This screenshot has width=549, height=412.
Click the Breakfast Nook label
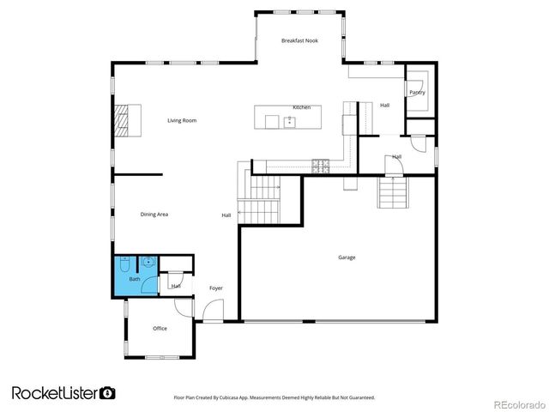pos(300,40)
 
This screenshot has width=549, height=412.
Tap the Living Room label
pos(182,121)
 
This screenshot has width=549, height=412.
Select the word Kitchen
pos(301,107)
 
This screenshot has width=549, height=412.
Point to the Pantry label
pos(417,93)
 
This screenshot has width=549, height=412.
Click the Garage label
pos(347,257)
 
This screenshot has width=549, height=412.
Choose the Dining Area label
pos(154,214)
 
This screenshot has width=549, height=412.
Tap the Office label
pos(160,329)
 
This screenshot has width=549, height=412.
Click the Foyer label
pos(216,288)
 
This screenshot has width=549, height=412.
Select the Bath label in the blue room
pos(135,279)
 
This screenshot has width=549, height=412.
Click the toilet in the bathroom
pos(125,263)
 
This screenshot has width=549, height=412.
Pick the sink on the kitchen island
pos(290,121)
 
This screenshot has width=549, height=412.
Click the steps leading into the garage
pos(392,193)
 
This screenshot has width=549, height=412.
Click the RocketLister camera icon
pos(108,392)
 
